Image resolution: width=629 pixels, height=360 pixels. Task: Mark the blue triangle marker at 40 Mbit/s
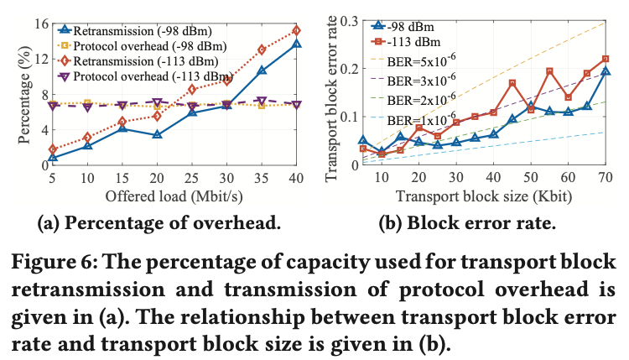pos(296,44)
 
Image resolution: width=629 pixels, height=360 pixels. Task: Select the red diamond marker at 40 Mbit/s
pos(296,30)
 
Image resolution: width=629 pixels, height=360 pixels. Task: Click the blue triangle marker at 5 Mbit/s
pos(53,157)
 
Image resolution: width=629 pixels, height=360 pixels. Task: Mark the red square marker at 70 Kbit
pos(606,59)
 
